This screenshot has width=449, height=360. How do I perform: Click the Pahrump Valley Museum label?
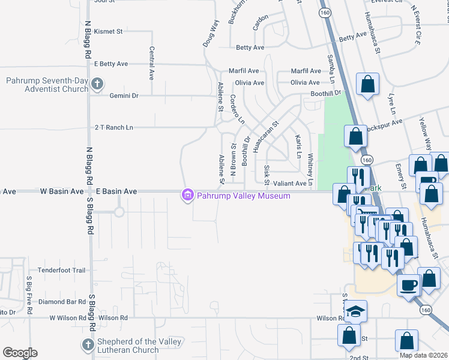point(244,196)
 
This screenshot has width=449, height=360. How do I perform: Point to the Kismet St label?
point(109,31)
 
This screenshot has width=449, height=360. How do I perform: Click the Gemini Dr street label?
point(124,95)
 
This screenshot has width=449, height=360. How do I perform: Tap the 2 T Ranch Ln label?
point(113,128)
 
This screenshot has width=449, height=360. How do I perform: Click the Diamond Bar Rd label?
point(62,302)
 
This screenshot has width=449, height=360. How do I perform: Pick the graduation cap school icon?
point(355,311)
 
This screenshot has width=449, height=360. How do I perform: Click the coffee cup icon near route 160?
point(409,285)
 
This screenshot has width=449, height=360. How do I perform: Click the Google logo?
point(20,353)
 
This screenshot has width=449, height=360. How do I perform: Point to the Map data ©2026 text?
point(424,355)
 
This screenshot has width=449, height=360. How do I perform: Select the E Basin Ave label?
point(120,191)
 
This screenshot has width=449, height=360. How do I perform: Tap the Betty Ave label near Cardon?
point(250,48)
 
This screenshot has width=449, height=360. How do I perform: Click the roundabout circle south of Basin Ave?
point(119,212)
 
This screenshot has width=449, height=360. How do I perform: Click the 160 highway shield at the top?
point(325,12)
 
